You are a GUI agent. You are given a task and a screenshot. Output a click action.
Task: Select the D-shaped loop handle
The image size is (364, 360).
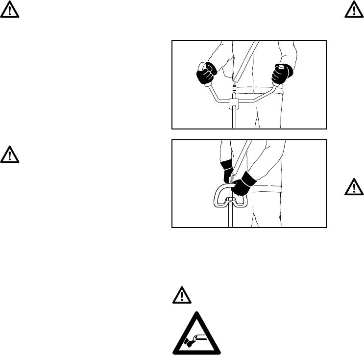point(216,196)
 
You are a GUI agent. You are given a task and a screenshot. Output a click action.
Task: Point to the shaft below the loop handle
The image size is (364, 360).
point(230,216)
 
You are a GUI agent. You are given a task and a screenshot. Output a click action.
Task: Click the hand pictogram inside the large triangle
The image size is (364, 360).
point(195,337)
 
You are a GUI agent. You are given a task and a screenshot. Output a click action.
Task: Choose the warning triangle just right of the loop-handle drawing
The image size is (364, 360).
point(356,187)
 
